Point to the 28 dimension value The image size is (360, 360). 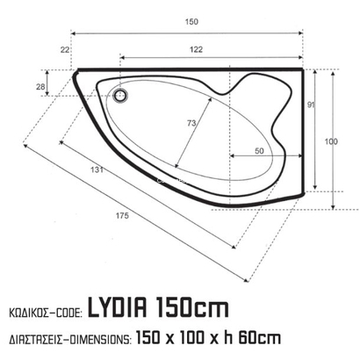coord(40,85)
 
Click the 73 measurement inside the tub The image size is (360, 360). coord(191,125)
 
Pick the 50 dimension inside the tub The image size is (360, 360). coord(259,151)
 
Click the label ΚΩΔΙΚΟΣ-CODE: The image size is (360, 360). coord(43,312)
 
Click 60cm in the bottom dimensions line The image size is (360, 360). coord(262,336)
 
